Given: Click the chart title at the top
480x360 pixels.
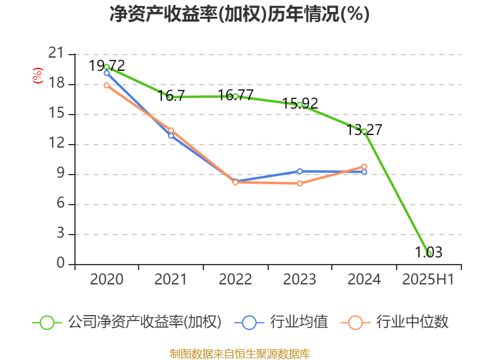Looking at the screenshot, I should click(x=239, y=14).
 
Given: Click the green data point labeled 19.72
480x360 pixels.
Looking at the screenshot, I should click(x=107, y=67).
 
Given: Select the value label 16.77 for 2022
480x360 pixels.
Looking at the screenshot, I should click(x=235, y=95).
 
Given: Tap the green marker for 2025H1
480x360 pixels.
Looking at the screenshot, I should click(x=428, y=254).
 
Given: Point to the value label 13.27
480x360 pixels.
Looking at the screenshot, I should click(x=364, y=130).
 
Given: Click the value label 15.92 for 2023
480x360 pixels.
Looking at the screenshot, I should click(x=299, y=103).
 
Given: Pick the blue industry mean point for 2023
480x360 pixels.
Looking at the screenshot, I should click(x=299, y=171).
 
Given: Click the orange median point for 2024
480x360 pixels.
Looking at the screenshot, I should click(x=364, y=166).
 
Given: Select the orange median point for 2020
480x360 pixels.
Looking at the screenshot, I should click(x=107, y=85).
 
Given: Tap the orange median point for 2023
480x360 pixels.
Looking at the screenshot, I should click(x=299, y=183).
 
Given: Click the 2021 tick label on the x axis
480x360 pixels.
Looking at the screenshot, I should click(x=171, y=279).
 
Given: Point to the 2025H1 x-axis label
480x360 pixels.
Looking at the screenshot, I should click(x=428, y=279).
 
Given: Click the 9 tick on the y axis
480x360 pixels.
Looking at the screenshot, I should click(x=60, y=175).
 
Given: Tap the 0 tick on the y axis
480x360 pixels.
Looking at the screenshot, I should click(x=60, y=264).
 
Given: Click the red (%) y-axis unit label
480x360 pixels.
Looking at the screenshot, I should click(x=37, y=76).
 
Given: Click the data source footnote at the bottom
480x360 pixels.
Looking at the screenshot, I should click(x=239, y=353).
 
